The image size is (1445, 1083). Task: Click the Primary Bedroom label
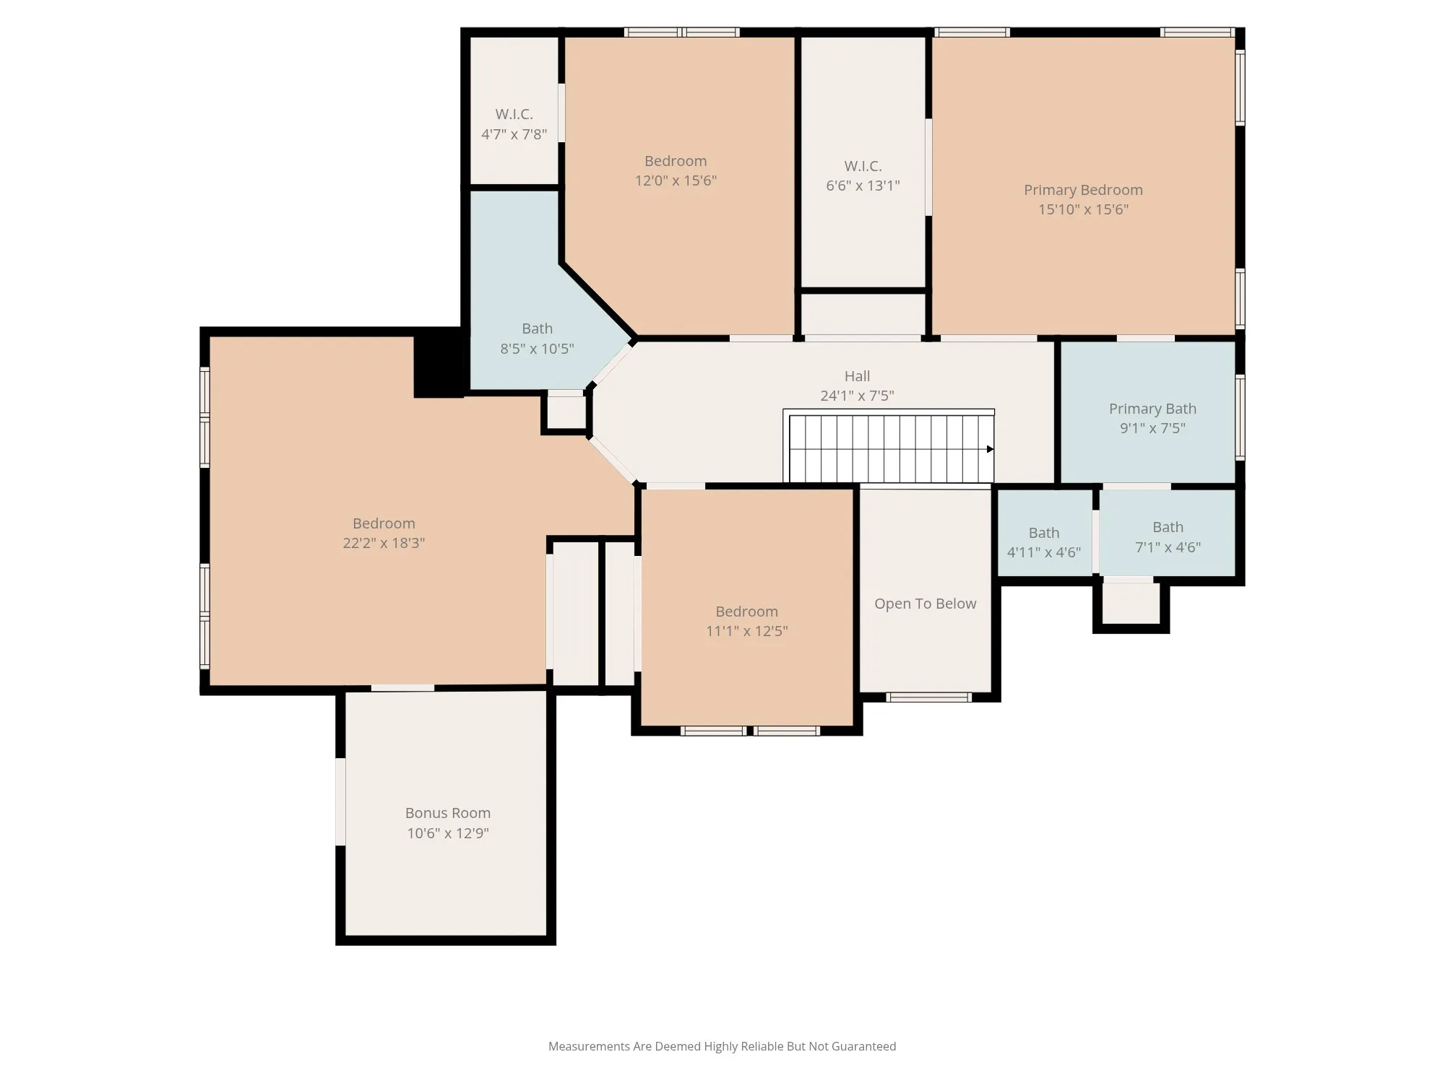click(1083, 190)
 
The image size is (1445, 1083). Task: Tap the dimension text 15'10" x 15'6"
click(1083, 209)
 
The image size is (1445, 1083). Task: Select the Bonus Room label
click(448, 813)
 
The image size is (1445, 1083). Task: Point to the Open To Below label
click(925, 604)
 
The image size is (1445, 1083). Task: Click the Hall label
click(858, 376)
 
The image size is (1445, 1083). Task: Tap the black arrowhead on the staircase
click(990, 449)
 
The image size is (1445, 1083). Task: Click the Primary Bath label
click(1152, 409)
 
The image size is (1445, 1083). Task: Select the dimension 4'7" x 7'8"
click(514, 134)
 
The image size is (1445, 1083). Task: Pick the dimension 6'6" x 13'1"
click(863, 186)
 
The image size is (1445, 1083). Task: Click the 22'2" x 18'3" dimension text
click(384, 543)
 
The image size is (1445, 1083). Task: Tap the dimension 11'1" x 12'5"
click(746, 631)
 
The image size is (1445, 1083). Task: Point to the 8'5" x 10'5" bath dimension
click(537, 349)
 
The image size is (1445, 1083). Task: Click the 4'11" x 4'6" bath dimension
click(1044, 552)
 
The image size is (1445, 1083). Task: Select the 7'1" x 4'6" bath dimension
click(1168, 547)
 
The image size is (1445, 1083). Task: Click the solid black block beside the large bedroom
click(439, 362)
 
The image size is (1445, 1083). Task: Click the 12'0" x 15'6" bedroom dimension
click(676, 180)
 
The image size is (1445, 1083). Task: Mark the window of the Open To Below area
click(928, 697)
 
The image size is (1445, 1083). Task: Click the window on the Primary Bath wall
click(1240, 417)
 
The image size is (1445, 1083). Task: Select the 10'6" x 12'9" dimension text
click(448, 833)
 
